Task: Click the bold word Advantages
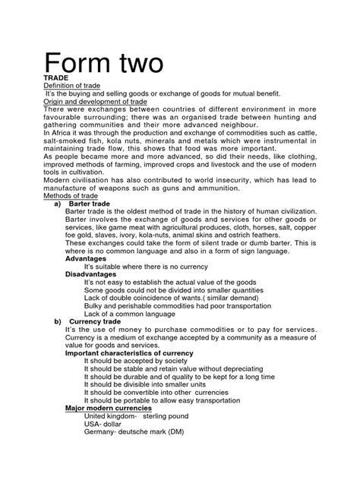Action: pos(87,258)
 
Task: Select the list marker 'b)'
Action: pos(58,321)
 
